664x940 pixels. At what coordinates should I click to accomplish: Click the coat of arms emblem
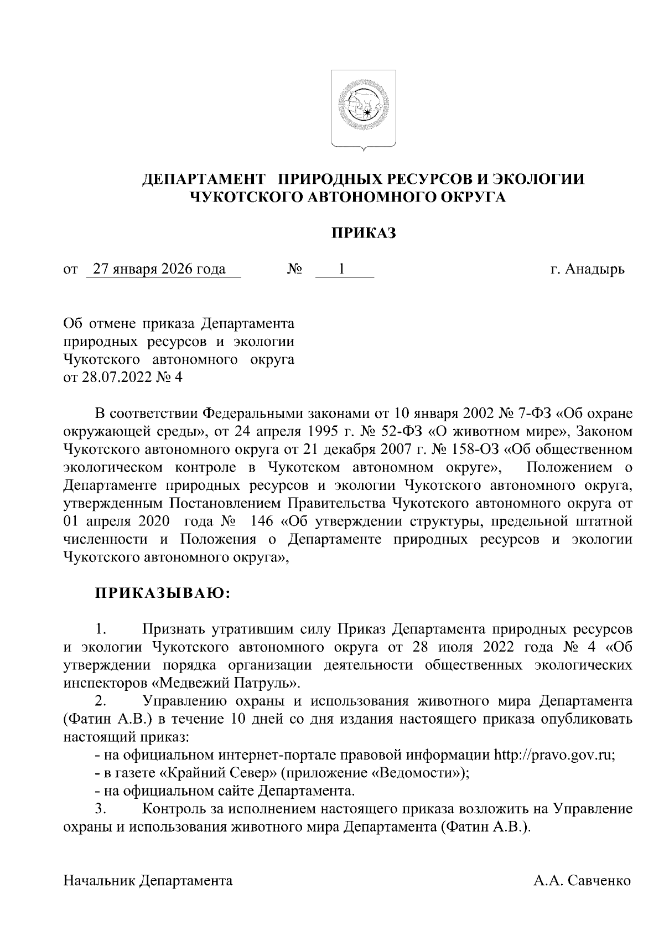click(364, 109)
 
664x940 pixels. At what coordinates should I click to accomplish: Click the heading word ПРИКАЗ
click(364, 233)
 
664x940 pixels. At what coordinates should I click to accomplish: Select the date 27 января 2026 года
click(159, 270)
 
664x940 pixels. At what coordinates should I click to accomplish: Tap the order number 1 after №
click(342, 270)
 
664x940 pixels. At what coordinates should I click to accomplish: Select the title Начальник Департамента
click(148, 881)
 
